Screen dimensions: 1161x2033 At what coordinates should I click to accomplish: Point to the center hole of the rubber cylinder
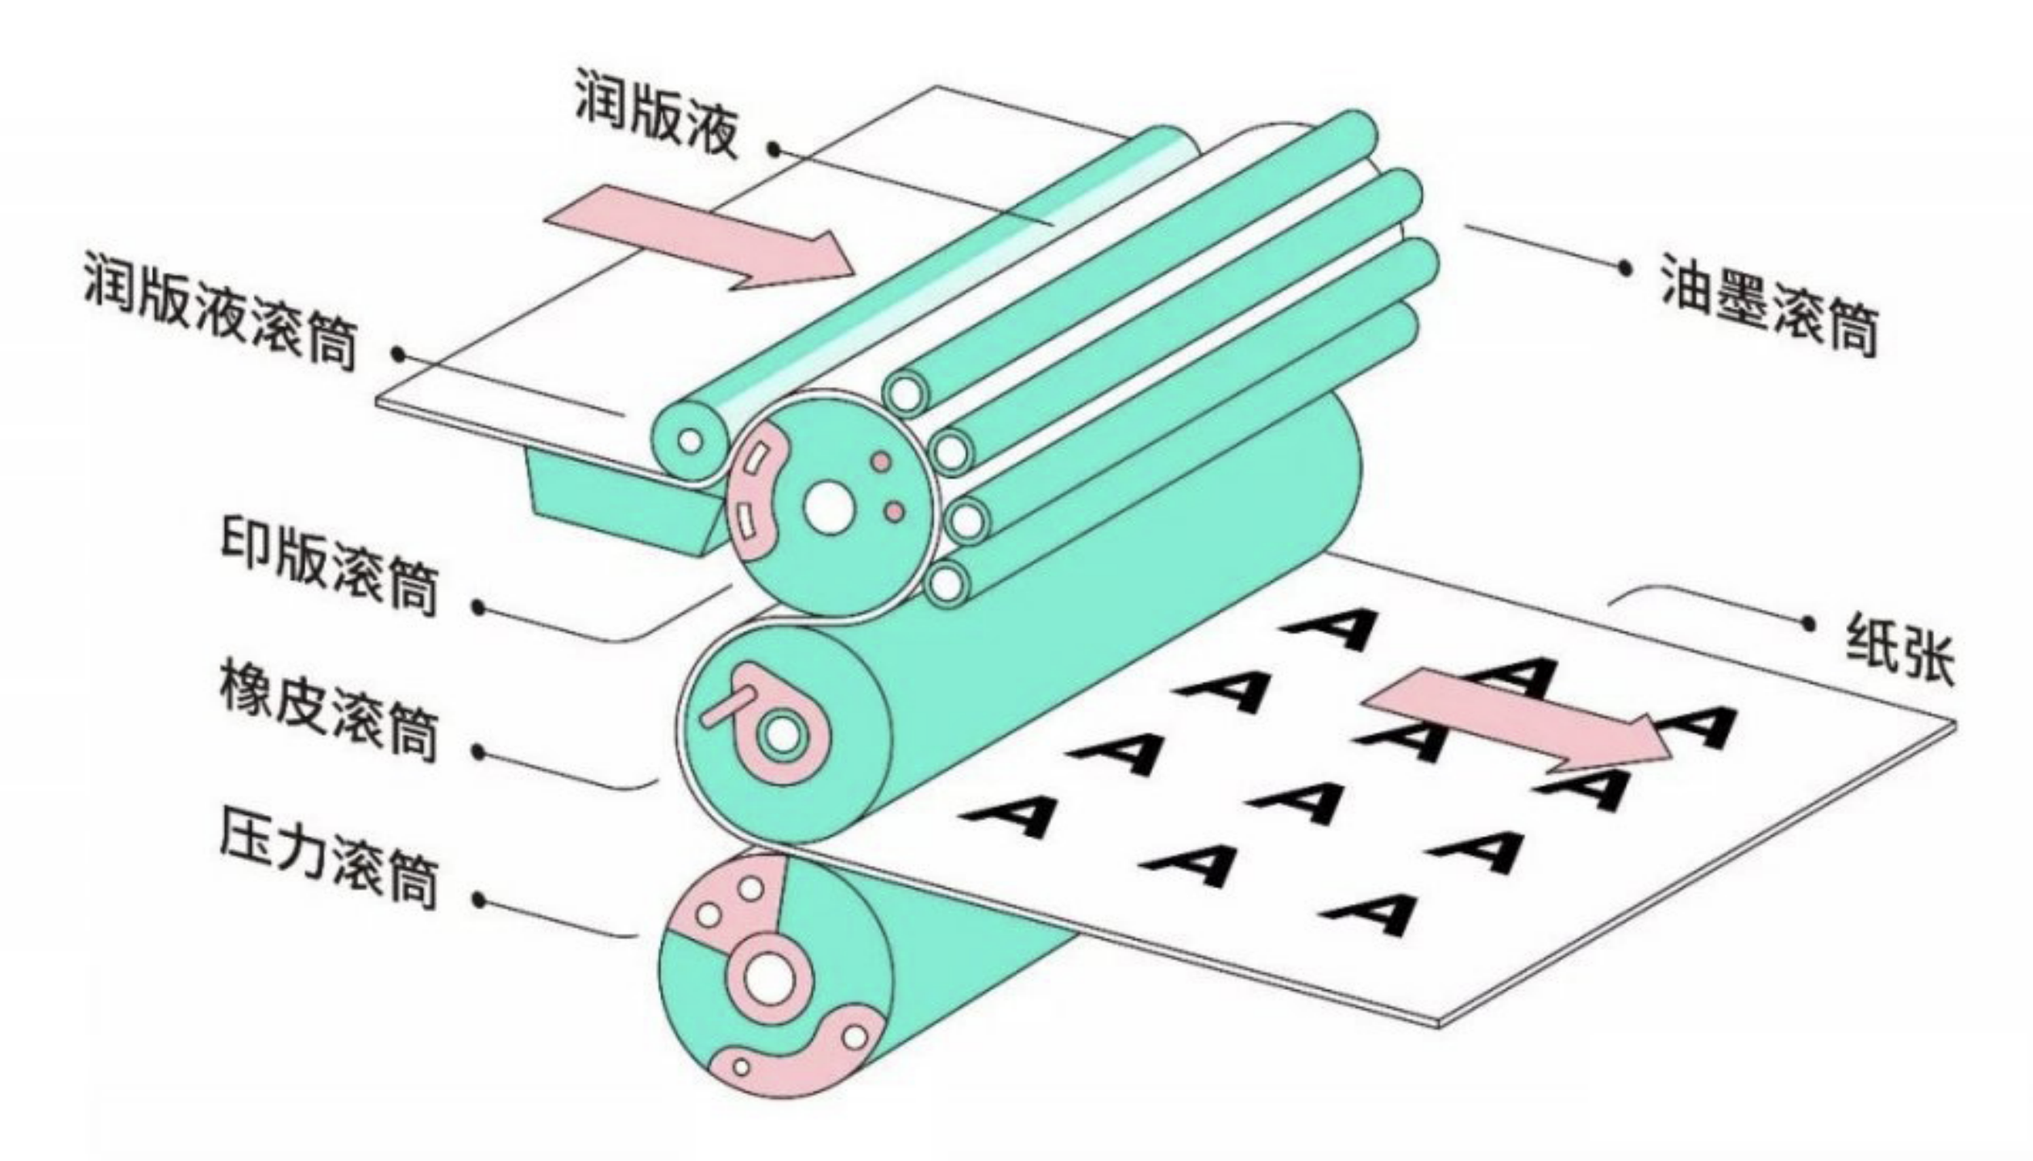[x=782, y=735]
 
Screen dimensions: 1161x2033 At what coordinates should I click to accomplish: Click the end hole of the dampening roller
[x=690, y=441]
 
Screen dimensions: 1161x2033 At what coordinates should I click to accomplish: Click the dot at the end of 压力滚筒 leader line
[x=480, y=900]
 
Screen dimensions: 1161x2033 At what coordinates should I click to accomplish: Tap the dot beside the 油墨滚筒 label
[x=1625, y=268]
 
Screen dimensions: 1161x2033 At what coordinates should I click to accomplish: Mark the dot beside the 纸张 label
[x=1808, y=623]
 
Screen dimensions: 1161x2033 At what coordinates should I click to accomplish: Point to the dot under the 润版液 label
[x=774, y=149]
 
